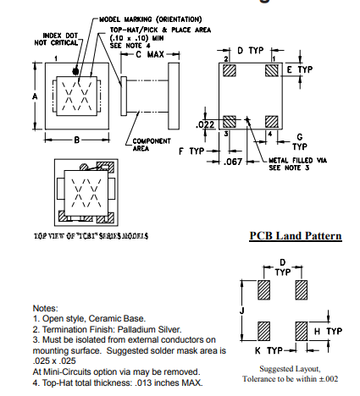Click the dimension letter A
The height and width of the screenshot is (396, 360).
36,96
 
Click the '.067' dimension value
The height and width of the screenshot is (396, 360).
235,161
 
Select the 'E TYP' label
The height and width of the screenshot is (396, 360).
302,69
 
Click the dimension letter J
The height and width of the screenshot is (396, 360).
242,311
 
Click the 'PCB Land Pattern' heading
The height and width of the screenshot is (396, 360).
296,235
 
